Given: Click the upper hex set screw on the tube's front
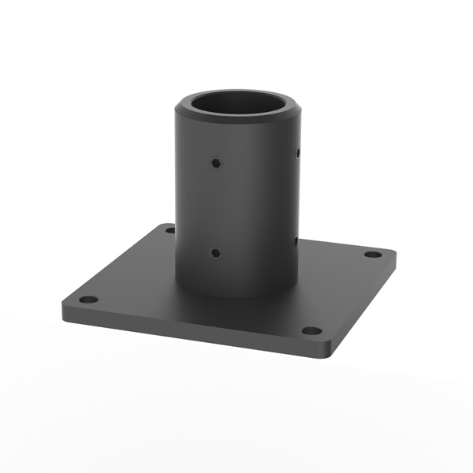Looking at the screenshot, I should [216, 163].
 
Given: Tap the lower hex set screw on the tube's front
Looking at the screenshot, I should [215, 254].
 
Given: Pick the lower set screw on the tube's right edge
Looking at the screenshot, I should [296, 241].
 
